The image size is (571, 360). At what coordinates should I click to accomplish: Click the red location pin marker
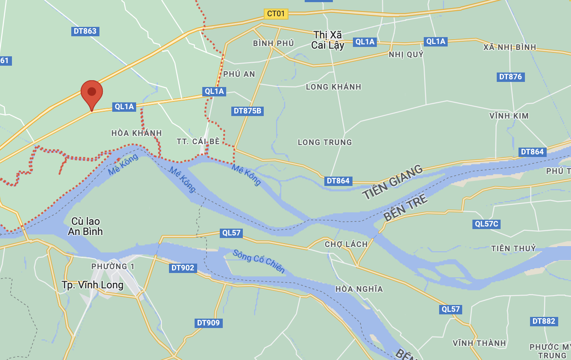click(x=92, y=93)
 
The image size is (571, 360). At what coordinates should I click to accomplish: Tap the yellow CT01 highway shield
click(x=276, y=14)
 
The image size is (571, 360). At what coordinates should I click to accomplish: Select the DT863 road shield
click(x=85, y=31)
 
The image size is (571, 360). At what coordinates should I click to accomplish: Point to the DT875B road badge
click(x=248, y=111)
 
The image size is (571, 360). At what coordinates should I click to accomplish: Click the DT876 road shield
click(x=510, y=77)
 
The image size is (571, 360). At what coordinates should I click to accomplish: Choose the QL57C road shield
click(x=487, y=224)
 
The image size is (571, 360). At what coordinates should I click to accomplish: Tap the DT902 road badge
click(x=183, y=268)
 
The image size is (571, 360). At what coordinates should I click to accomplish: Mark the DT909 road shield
click(x=208, y=323)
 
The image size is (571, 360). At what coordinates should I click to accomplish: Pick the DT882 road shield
click(x=544, y=321)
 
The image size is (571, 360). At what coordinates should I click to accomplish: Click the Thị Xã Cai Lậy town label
click(x=328, y=40)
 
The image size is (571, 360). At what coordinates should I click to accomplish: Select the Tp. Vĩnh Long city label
click(x=93, y=285)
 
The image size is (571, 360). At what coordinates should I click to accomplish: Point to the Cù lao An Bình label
click(x=85, y=226)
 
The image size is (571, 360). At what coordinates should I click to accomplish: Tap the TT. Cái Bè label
click(x=198, y=141)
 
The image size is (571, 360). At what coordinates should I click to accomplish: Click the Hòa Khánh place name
click(x=137, y=133)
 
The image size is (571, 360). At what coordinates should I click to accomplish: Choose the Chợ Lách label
click(x=346, y=244)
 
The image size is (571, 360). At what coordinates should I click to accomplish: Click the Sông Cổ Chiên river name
click(x=258, y=261)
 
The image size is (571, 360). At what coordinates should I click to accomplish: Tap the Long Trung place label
click(x=325, y=142)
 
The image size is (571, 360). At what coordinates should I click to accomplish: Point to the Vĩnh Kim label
click(x=509, y=116)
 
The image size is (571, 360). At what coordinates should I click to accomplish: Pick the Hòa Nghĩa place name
click(x=359, y=289)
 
